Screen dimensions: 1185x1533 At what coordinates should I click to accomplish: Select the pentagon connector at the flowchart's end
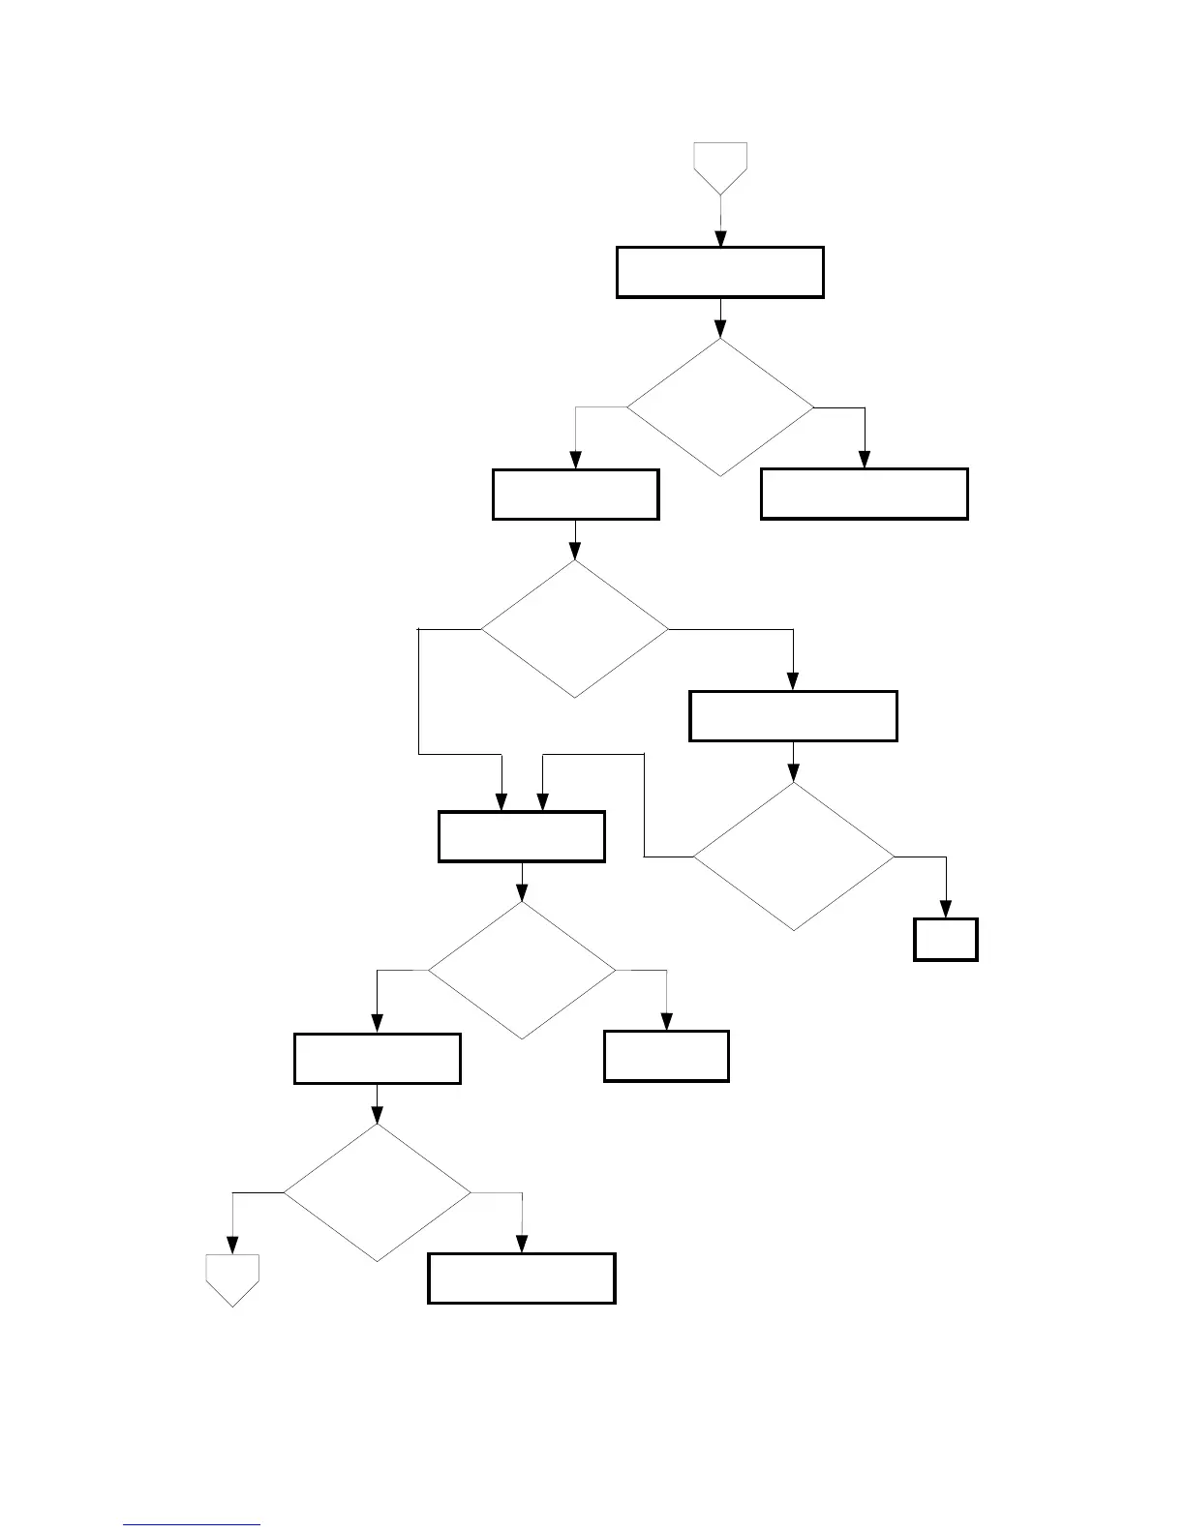pos(232,1278)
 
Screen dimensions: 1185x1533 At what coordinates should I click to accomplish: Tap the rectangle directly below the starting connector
pos(720,272)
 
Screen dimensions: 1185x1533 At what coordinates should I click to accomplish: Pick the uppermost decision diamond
pos(720,407)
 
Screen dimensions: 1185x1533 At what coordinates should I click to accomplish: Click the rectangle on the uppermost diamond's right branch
pos(865,495)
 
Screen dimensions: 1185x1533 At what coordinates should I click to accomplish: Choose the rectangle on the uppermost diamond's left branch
pos(576,495)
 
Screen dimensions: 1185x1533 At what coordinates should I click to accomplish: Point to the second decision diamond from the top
pos(575,629)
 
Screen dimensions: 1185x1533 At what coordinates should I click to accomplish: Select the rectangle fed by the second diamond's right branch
pos(793,716)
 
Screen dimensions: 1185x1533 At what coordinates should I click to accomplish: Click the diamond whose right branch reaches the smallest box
pos(794,857)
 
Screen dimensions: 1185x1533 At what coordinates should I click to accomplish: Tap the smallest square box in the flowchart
pos(946,940)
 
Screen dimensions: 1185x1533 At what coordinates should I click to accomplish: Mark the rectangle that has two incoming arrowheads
pos(522,837)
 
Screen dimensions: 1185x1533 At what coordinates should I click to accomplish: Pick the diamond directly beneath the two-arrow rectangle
pos(522,971)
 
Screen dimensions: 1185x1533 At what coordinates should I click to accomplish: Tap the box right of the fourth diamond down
pos(666,1056)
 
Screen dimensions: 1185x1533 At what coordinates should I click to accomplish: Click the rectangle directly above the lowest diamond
pos(378,1059)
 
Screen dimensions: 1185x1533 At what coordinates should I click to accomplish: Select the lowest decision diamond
pos(378,1192)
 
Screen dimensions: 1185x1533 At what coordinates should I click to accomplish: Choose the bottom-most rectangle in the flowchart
pos(522,1278)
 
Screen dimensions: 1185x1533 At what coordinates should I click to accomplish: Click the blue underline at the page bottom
pos(192,1525)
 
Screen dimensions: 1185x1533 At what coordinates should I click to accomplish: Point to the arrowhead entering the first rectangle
pos(720,239)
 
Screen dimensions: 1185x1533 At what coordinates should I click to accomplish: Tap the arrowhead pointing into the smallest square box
pos(946,911)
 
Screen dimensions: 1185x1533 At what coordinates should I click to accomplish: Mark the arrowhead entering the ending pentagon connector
pos(232,1247)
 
